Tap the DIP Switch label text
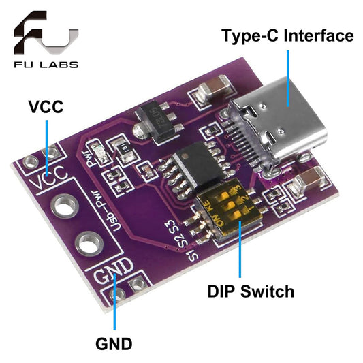point(251,292)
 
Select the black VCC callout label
point(45,107)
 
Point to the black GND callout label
point(114,343)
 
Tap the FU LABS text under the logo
point(44,65)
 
